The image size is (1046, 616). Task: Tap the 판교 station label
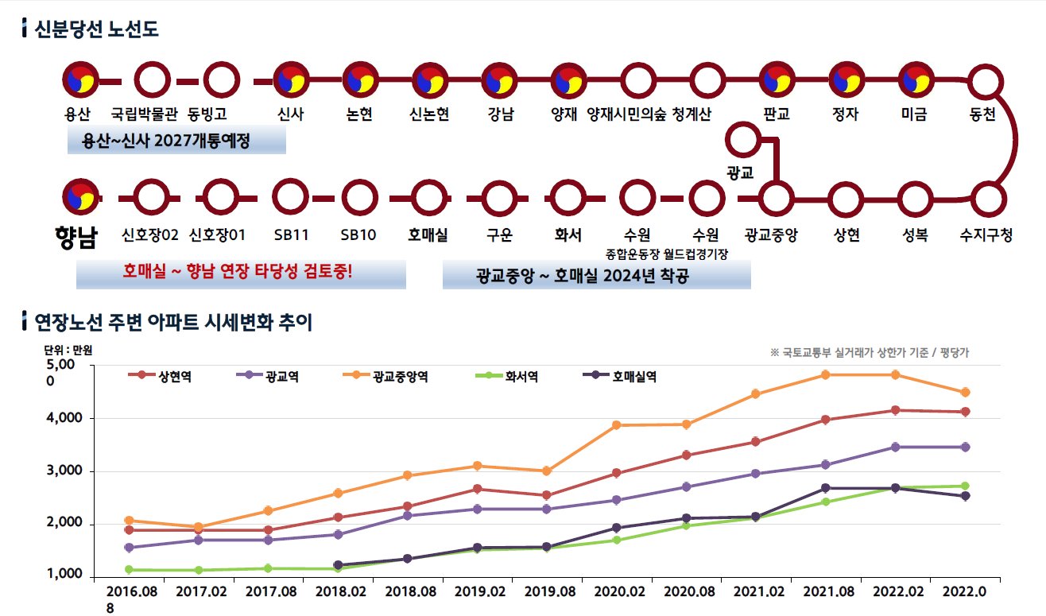click(776, 114)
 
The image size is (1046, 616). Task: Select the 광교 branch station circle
click(743, 139)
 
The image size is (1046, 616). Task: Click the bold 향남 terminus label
click(76, 238)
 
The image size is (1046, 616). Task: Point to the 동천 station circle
click(986, 80)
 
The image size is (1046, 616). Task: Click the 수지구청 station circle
click(986, 198)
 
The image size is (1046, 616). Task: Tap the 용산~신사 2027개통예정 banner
click(176, 142)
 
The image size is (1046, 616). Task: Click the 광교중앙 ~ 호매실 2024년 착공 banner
click(596, 277)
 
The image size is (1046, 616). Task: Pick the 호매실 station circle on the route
click(429, 198)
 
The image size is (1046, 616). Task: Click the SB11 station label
click(291, 235)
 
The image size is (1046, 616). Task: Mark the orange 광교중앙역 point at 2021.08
click(826, 374)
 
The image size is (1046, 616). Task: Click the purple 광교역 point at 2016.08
click(129, 548)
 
